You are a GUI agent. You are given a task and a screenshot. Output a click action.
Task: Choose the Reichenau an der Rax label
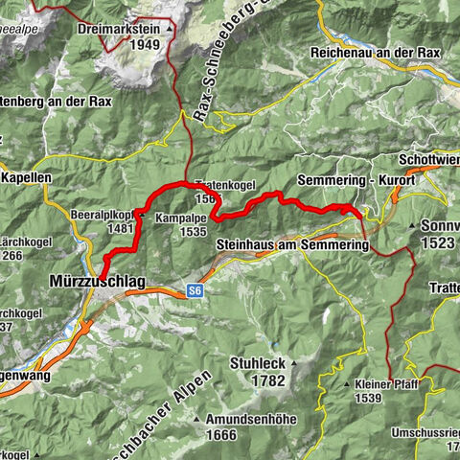click(375, 53)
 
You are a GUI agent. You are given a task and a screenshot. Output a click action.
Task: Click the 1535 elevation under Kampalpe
click(193, 231)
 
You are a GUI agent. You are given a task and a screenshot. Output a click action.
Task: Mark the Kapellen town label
click(27, 178)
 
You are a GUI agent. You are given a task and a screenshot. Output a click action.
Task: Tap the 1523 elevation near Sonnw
click(439, 244)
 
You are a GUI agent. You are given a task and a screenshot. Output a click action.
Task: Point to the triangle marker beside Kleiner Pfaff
click(346, 383)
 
